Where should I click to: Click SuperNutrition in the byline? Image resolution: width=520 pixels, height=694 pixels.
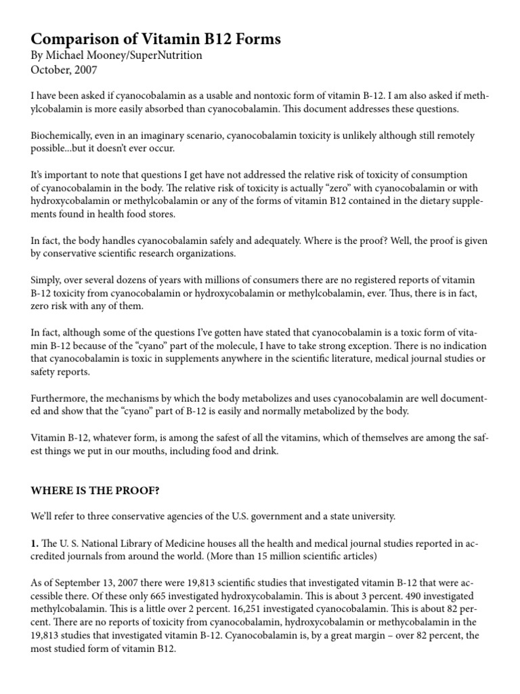click(x=158, y=56)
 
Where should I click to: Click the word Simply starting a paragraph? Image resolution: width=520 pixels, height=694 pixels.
click(x=46, y=280)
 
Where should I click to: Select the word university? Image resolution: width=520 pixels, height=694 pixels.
click(x=370, y=516)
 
